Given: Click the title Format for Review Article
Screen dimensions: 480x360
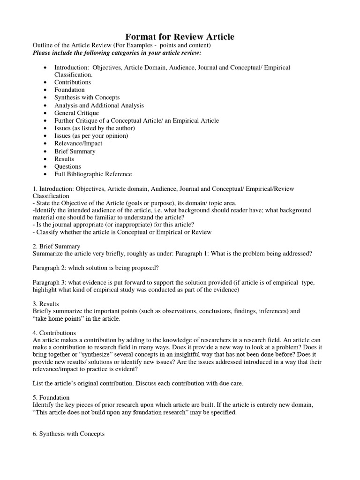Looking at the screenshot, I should coord(180,37).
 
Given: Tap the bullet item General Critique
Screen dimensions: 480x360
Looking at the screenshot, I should coord(76,113).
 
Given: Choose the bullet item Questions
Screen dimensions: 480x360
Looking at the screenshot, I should coord(67,166).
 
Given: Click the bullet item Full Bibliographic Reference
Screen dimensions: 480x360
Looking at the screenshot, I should coord(93,174).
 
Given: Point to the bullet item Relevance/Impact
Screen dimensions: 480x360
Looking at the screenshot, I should coord(78,143).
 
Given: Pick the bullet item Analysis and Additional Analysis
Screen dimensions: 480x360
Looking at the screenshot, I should coord(99,105).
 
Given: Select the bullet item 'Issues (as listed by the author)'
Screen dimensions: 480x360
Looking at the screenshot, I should coord(94,128).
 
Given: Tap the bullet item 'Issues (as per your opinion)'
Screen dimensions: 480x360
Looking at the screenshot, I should coord(91,136).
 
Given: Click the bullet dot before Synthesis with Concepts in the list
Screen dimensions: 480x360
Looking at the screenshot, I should coord(45,97).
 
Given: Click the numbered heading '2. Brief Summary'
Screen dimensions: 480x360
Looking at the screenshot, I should coord(56,246).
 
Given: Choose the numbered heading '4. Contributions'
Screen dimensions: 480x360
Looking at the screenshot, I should coord(54,332).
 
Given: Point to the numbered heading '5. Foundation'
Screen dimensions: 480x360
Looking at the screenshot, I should coord(52,397).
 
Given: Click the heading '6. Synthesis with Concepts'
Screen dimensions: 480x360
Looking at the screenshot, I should coord(68,434).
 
